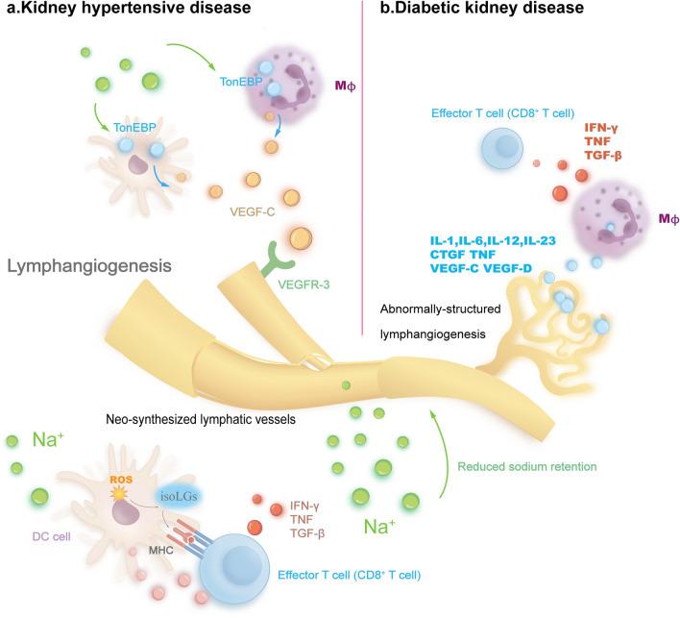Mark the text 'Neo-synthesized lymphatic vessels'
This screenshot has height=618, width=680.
tap(206, 420)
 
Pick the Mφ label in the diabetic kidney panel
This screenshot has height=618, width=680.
tap(658, 220)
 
